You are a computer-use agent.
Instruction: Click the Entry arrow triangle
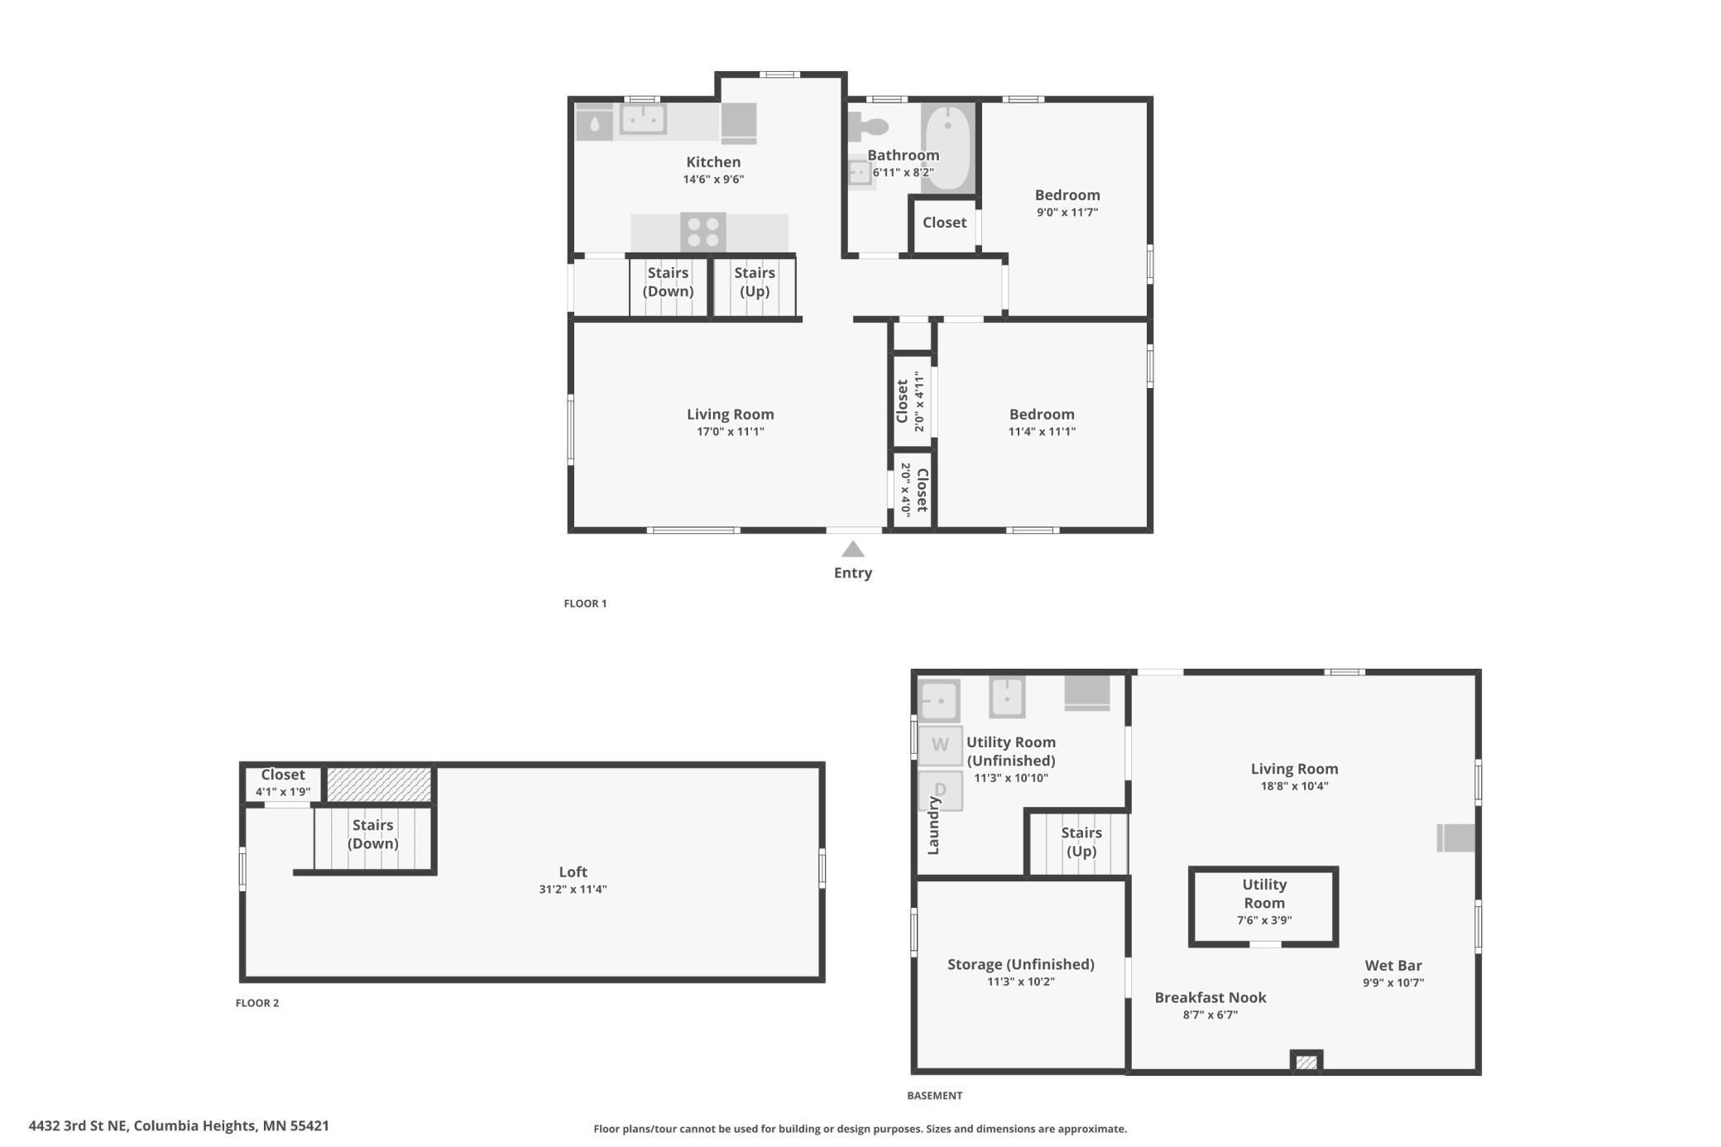[x=853, y=550]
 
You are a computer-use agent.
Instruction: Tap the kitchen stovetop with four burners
[x=703, y=232]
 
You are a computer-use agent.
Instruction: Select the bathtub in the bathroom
[x=947, y=148]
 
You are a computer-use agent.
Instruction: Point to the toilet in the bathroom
[x=868, y=127]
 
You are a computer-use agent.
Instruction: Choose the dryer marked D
[x=940, y=789]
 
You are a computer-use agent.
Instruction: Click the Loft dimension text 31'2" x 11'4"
[x=573, y=890]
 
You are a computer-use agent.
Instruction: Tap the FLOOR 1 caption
[x=585, y=603]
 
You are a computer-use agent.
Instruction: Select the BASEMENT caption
[x=934, y=1096]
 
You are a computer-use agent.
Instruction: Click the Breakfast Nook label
[x=1210, y=997]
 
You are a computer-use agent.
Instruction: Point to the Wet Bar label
[x=1393, y=965]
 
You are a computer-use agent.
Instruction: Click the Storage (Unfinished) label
[x=1020, y=964]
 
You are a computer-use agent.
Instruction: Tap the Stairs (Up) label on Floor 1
[x=755, y=281]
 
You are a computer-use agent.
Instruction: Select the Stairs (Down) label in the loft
[x=372, y=834]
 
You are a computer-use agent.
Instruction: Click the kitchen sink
[x=644, y=119]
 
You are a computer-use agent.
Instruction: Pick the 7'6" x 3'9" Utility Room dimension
[x=1264, y=920]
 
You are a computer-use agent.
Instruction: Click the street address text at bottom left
[x=179, y=1125]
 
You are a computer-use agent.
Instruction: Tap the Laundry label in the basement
[x=934, y=825]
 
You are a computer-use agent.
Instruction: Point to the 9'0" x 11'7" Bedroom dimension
[x=1067, y=213]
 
